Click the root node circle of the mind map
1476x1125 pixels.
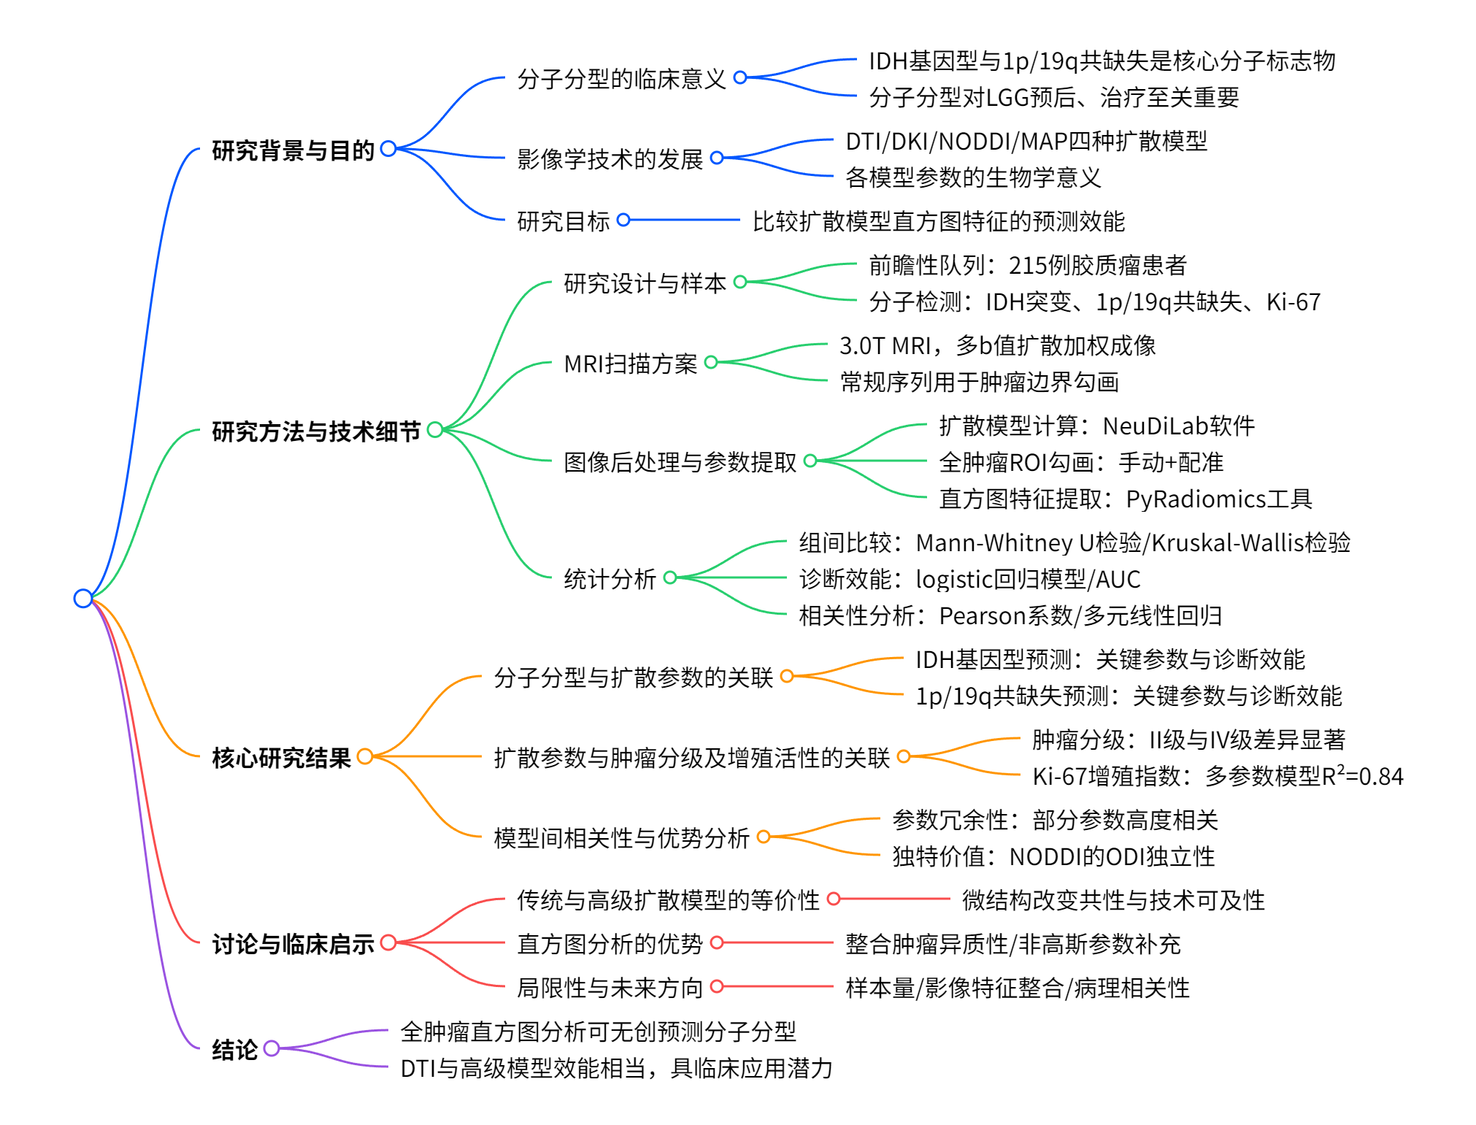(x=83, y=599)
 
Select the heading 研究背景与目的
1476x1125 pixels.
(x=293, y=150)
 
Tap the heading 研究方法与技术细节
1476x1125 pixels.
(x=316, y=431)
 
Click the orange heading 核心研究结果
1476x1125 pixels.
(x=281, y=758)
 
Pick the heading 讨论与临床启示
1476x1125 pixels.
(x=293, y=944)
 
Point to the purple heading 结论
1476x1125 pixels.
(x=234, y=1050)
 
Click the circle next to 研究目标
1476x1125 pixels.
(x=623, y=220)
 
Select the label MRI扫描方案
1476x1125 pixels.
(x=631, y=363)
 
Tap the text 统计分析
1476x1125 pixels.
(x=610, y=579)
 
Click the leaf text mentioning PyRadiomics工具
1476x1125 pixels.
(x=1125, y=499)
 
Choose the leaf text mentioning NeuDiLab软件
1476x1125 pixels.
(x=1096, y=426)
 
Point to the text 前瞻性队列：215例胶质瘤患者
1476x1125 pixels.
(x=1027, y=265)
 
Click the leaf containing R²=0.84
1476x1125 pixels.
(x=1217, y=776)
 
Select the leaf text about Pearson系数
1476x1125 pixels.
(x=1010, y=615)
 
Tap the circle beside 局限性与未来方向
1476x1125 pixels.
(x=717, y=986)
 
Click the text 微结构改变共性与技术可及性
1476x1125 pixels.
(x=1112, y=900)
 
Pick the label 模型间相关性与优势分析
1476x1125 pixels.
(x=621, y=837)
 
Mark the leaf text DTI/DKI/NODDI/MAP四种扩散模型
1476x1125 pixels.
(x=1026, y=141)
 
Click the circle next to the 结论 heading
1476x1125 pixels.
(x=272, y=1048)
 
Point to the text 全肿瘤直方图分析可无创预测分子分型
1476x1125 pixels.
(x=598, y=1032)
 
